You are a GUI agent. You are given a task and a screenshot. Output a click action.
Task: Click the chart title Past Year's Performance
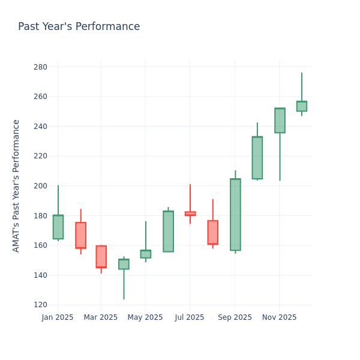[x=79, y=27]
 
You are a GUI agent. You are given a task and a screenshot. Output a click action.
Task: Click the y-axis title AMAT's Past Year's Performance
[x=16, y=185]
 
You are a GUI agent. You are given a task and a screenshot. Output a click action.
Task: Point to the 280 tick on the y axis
[x=40, y=67]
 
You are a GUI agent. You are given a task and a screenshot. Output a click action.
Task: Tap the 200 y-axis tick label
[x=40, y=186]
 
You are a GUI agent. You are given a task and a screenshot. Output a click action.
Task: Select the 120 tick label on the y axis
[x=40, y=305]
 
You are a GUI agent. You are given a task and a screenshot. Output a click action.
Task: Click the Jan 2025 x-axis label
[x=58, y=317]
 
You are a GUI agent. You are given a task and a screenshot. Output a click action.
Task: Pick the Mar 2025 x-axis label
[x=101, y=317]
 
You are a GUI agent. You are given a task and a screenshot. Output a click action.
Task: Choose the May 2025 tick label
[x=145, y=317]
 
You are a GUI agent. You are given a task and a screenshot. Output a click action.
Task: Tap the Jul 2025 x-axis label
[x=190, y=317]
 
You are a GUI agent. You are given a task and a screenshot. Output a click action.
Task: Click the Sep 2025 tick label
[x=235, y=317]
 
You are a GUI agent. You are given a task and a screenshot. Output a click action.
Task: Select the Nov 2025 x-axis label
[x=279, y=317]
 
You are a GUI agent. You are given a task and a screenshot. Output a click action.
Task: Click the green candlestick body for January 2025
[x=58, y=227]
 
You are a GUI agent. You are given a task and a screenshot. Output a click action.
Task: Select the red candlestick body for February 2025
[x=80, y=235]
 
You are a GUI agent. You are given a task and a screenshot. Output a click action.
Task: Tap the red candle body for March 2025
[x=101, y=256]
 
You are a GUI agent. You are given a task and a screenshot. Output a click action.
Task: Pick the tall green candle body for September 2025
[x=235, y=214]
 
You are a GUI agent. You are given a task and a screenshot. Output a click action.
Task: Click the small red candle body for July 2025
[x=190, y=214]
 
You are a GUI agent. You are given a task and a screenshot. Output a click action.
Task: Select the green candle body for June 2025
[x=168, y=231]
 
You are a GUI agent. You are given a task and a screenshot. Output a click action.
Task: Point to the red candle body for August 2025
[x=212, y=232]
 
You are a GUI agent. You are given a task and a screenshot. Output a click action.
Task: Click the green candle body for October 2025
[x=257, y=158]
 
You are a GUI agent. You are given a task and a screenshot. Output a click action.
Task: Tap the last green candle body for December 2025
[x=301, y=106]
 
